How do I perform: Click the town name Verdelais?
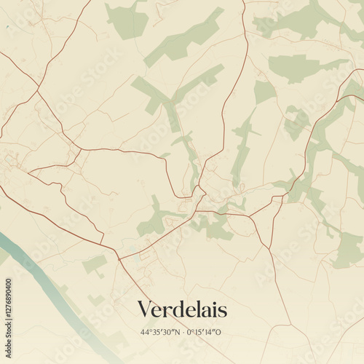pyautogui.click(x=182, y=310)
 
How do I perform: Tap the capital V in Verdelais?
pyautogui.click(x=145, y=310)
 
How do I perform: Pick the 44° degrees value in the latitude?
pyautogui.click(x=143, y=332)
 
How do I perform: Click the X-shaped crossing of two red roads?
pyautogui.click(x=76, y=149)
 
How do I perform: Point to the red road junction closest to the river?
pyautogui.click(x=117, y=257)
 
